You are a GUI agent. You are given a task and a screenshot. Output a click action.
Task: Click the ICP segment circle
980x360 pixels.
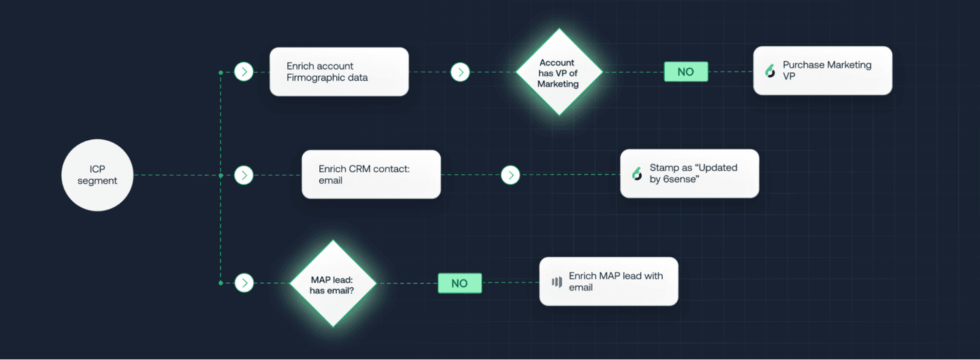pyautogui.click(x=97, y=175)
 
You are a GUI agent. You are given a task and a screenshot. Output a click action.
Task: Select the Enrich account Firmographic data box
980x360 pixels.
pyautogui.click(x=339, y=71)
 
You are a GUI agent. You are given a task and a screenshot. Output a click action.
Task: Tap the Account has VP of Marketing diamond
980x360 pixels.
pyautogui.click(x=558, y=72)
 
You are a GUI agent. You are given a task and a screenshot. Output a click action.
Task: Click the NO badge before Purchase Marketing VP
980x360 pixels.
pyautogui.click(x=685, y=71)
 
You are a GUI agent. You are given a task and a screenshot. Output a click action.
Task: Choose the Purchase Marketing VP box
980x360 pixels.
pyautogui.click(x=822, y=71)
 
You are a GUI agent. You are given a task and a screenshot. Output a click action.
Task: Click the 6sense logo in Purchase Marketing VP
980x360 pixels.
pyautogui.click(x=770, y=71)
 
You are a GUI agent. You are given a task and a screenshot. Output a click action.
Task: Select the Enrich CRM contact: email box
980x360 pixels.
pyautogui.click(x=371, y=174)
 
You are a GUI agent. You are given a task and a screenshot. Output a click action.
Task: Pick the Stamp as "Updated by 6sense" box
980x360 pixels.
pyautogui.click(x=689, y=174)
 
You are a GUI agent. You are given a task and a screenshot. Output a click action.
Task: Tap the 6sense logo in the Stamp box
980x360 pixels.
pyautogui.click(x=637, y=174)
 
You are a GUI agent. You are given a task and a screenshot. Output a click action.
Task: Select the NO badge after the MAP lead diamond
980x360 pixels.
pyautogui.click(x=459, y=283)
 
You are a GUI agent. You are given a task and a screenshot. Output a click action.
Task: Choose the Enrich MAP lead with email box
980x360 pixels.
pyautogui.click(x=608, y=281)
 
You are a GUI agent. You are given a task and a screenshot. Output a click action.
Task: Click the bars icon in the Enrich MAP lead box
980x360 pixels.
pyautogui.click(x=557, y=282)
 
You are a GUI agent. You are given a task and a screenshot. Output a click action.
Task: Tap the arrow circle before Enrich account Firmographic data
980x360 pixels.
pyautogui.click(x=244, y=71)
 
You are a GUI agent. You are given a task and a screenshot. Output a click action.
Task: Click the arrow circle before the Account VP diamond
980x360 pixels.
pyautogui.click(x=460, y=71)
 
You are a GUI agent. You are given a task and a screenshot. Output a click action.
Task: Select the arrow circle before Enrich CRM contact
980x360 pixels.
pyautogui.click(x=244, y=175)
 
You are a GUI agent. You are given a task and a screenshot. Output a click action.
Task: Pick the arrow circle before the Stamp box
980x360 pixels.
pyautogui.click(x=510, y=175)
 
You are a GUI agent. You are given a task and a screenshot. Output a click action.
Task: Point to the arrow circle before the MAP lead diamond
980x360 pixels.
pyautogui.click(x=244, y=282)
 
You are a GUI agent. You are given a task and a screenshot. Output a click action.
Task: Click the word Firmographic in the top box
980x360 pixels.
pyautogui.click(x=317, y=78)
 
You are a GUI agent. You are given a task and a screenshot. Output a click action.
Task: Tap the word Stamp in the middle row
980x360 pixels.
pyautogui.click(x=664, y=167)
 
